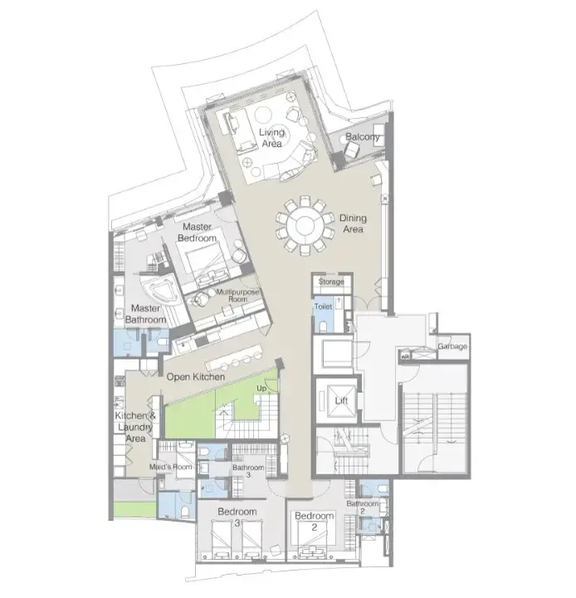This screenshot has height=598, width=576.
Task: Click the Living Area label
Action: [x=271, y=138]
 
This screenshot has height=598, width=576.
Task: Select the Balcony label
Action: [x=362, y=136]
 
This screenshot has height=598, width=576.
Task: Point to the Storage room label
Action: [x=331, y=282]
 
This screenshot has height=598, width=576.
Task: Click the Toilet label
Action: [x=323, y=306]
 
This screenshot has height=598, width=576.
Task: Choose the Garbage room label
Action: [x=452, y=346]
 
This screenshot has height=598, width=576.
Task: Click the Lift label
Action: [x=341, y=400]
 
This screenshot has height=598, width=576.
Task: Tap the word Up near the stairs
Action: [x=261, y=388]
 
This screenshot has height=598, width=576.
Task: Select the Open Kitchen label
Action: [x=196, y=377]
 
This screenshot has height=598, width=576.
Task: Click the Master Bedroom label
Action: [x=197, y=233]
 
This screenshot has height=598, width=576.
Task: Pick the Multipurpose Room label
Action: [x=237, y=296]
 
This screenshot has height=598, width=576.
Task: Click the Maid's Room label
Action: [x=171, y=467]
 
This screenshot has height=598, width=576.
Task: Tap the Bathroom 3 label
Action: [x=248, y=471]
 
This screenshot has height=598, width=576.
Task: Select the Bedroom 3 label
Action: [x=237, y=517]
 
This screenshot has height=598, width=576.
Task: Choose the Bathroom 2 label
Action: [x=362, y=507]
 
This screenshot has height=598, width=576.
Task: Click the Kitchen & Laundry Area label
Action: [x=135, y=427]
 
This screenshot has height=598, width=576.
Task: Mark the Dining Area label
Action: [x=353, y=223]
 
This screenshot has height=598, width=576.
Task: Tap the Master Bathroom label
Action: [x=145, y=314]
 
